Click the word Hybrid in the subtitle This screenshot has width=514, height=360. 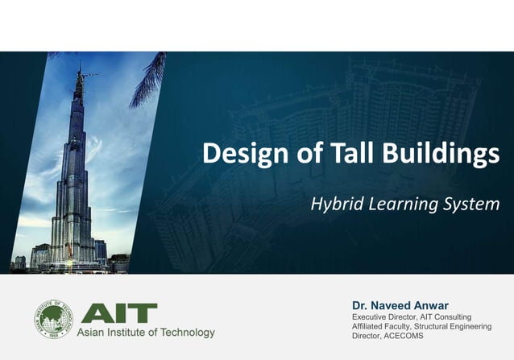point(334,205)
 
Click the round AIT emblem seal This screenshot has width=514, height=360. point(52,318)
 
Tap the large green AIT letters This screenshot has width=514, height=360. point(118,313)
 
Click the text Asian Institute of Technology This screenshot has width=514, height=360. point(146,333)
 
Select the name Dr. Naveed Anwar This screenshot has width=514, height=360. point(400,306)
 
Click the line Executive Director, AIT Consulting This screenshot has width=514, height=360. point(412,317)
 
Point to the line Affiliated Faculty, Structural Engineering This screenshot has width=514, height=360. point(421,326)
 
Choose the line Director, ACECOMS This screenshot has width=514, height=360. point(388,336)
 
